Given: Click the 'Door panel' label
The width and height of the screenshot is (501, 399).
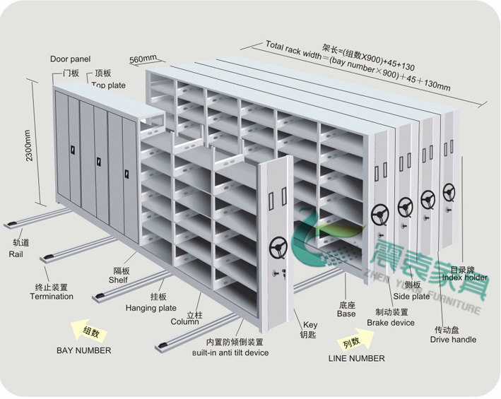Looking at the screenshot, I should [70, 59].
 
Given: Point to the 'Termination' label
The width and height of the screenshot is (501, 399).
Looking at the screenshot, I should [51, 296].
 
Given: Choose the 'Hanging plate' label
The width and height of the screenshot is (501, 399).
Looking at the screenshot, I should [151, 308].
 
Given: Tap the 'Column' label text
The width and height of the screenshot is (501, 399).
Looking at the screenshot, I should [184, 321].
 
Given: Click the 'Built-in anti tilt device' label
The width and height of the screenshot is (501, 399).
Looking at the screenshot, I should [230, 352].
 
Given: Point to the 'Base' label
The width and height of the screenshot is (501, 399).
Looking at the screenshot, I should [346, 314].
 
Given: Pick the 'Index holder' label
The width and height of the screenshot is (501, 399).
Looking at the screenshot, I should [464, 278].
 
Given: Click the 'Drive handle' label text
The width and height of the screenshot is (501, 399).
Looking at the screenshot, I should [453, 339].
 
